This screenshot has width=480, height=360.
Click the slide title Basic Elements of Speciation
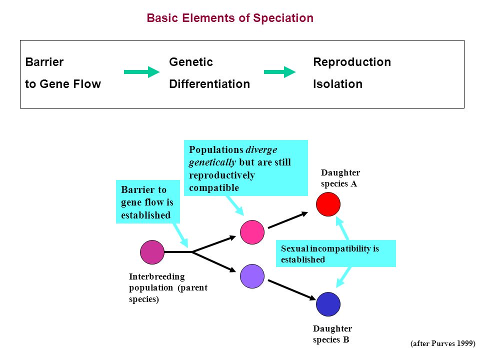click(230, 18)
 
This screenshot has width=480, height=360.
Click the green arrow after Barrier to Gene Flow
click(141, 72)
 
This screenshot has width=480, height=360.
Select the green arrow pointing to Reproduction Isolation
click(280, 72)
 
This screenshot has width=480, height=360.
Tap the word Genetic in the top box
click(190, 62)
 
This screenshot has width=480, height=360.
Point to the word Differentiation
click(209, 84)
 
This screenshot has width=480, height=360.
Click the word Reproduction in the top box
click(351, 62)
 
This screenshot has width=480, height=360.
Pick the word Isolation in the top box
click(337, 84)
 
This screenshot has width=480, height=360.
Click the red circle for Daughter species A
click(328, 204)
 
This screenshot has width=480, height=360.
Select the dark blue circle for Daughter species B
click(328, 304)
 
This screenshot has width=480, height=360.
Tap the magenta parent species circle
click(152, 252)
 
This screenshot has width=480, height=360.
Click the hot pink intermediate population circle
click(252, 232)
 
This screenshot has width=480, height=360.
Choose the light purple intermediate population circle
click(252, 276)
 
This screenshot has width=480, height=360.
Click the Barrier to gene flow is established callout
click(148, 201)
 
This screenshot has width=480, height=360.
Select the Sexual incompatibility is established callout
click(336, 253)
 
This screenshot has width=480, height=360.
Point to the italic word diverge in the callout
click(261, 149)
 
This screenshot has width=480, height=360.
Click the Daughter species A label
click(340, 178)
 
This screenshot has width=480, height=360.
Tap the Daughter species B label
click(332, 334)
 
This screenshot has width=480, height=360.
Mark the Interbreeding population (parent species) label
click(168, 288)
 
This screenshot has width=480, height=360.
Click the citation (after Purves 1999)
click(442, 343)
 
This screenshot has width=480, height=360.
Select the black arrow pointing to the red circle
click(288, 220)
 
